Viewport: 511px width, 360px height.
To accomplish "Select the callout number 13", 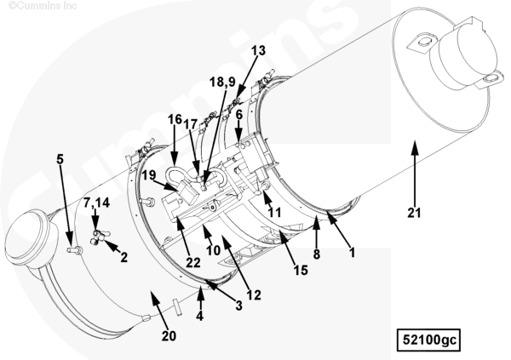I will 257,50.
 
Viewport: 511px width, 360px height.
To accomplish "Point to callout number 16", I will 175,119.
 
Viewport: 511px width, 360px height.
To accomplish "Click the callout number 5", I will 60,158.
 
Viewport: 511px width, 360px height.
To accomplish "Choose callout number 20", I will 169,335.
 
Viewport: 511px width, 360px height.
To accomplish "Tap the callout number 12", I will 253,294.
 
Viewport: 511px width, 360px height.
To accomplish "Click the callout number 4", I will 200,316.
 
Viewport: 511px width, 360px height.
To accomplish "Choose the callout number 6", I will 239,113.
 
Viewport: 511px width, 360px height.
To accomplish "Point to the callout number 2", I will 123,256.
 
